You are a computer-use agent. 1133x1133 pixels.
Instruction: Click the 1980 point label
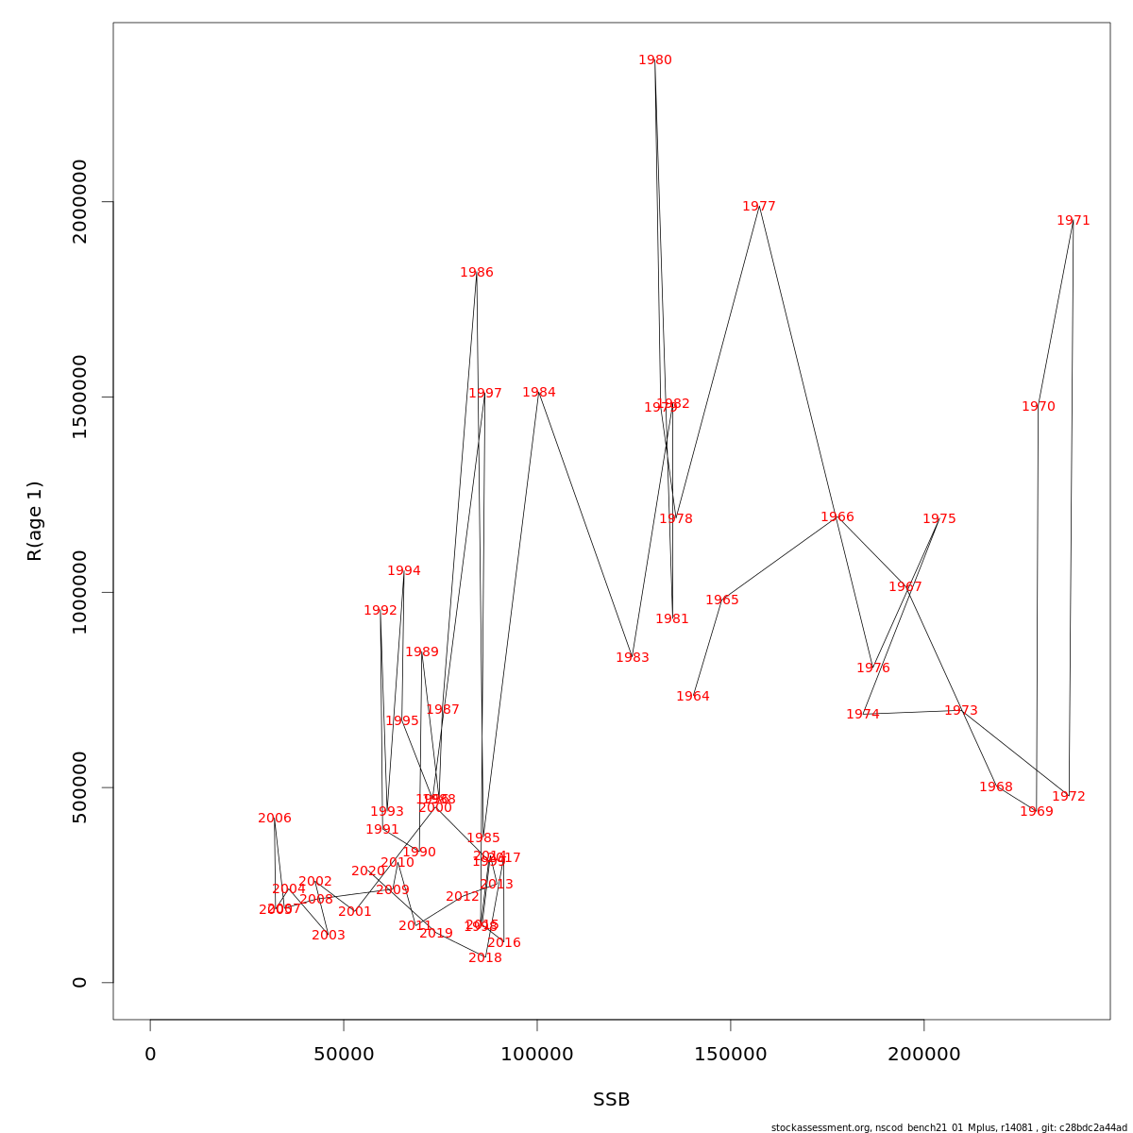click(x=655, y=60)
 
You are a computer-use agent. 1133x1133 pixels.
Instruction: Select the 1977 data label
click(x=759, y=207)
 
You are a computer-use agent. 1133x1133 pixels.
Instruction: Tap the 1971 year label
click(x=1074, y=221)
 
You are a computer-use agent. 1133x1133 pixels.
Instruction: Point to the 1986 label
click(x=477, y=273)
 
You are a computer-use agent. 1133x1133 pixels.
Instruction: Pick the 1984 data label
click(x=539, y=393)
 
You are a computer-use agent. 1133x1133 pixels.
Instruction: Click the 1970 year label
click(x=1039, y=407)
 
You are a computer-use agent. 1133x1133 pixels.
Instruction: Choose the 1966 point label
click(x=837, y=517)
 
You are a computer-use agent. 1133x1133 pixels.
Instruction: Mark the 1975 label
click(x=939, y=519)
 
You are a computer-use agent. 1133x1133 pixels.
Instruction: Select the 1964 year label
click(x=693, y=697)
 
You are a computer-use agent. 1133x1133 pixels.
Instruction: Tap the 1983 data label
click(x=633, y=658)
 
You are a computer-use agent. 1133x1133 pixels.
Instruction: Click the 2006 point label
click(x=275, y=819)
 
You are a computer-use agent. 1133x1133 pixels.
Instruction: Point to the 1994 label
click(x=404, y=571)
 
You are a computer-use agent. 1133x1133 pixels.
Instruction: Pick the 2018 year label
click(x=485, y=958)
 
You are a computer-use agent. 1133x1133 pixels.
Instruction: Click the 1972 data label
click(x=1069, y=797)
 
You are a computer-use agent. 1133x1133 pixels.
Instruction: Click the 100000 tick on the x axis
click(x=537, y=1055)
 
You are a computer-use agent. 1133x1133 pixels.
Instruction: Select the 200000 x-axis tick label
click(x=924, y=1055)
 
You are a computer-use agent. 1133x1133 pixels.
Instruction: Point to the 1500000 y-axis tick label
click(x=80, y=397)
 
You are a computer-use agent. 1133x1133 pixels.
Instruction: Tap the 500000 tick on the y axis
click(x=80, y=787)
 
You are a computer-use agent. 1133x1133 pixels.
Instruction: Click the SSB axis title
click(x=612, y=1100)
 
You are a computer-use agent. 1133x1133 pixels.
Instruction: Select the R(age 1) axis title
click(x=35, y=521)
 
